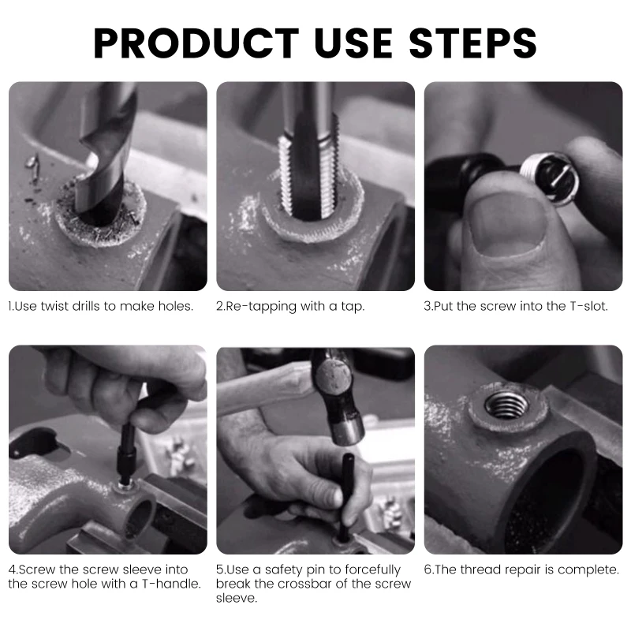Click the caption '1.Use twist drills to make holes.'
[101, 306]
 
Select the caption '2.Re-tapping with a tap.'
[290, 306]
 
